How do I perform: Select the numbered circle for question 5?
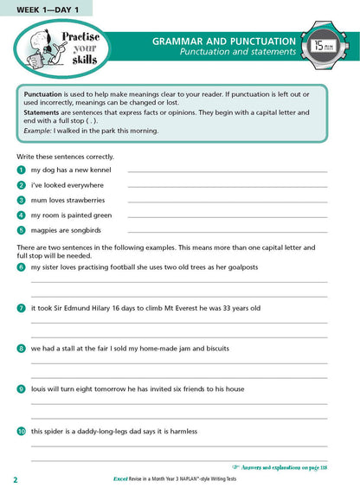tap(21, 229)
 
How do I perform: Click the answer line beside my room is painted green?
tap(227, 218)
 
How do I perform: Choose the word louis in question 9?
tap(41, 389)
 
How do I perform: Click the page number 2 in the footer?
tap(16, 479)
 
